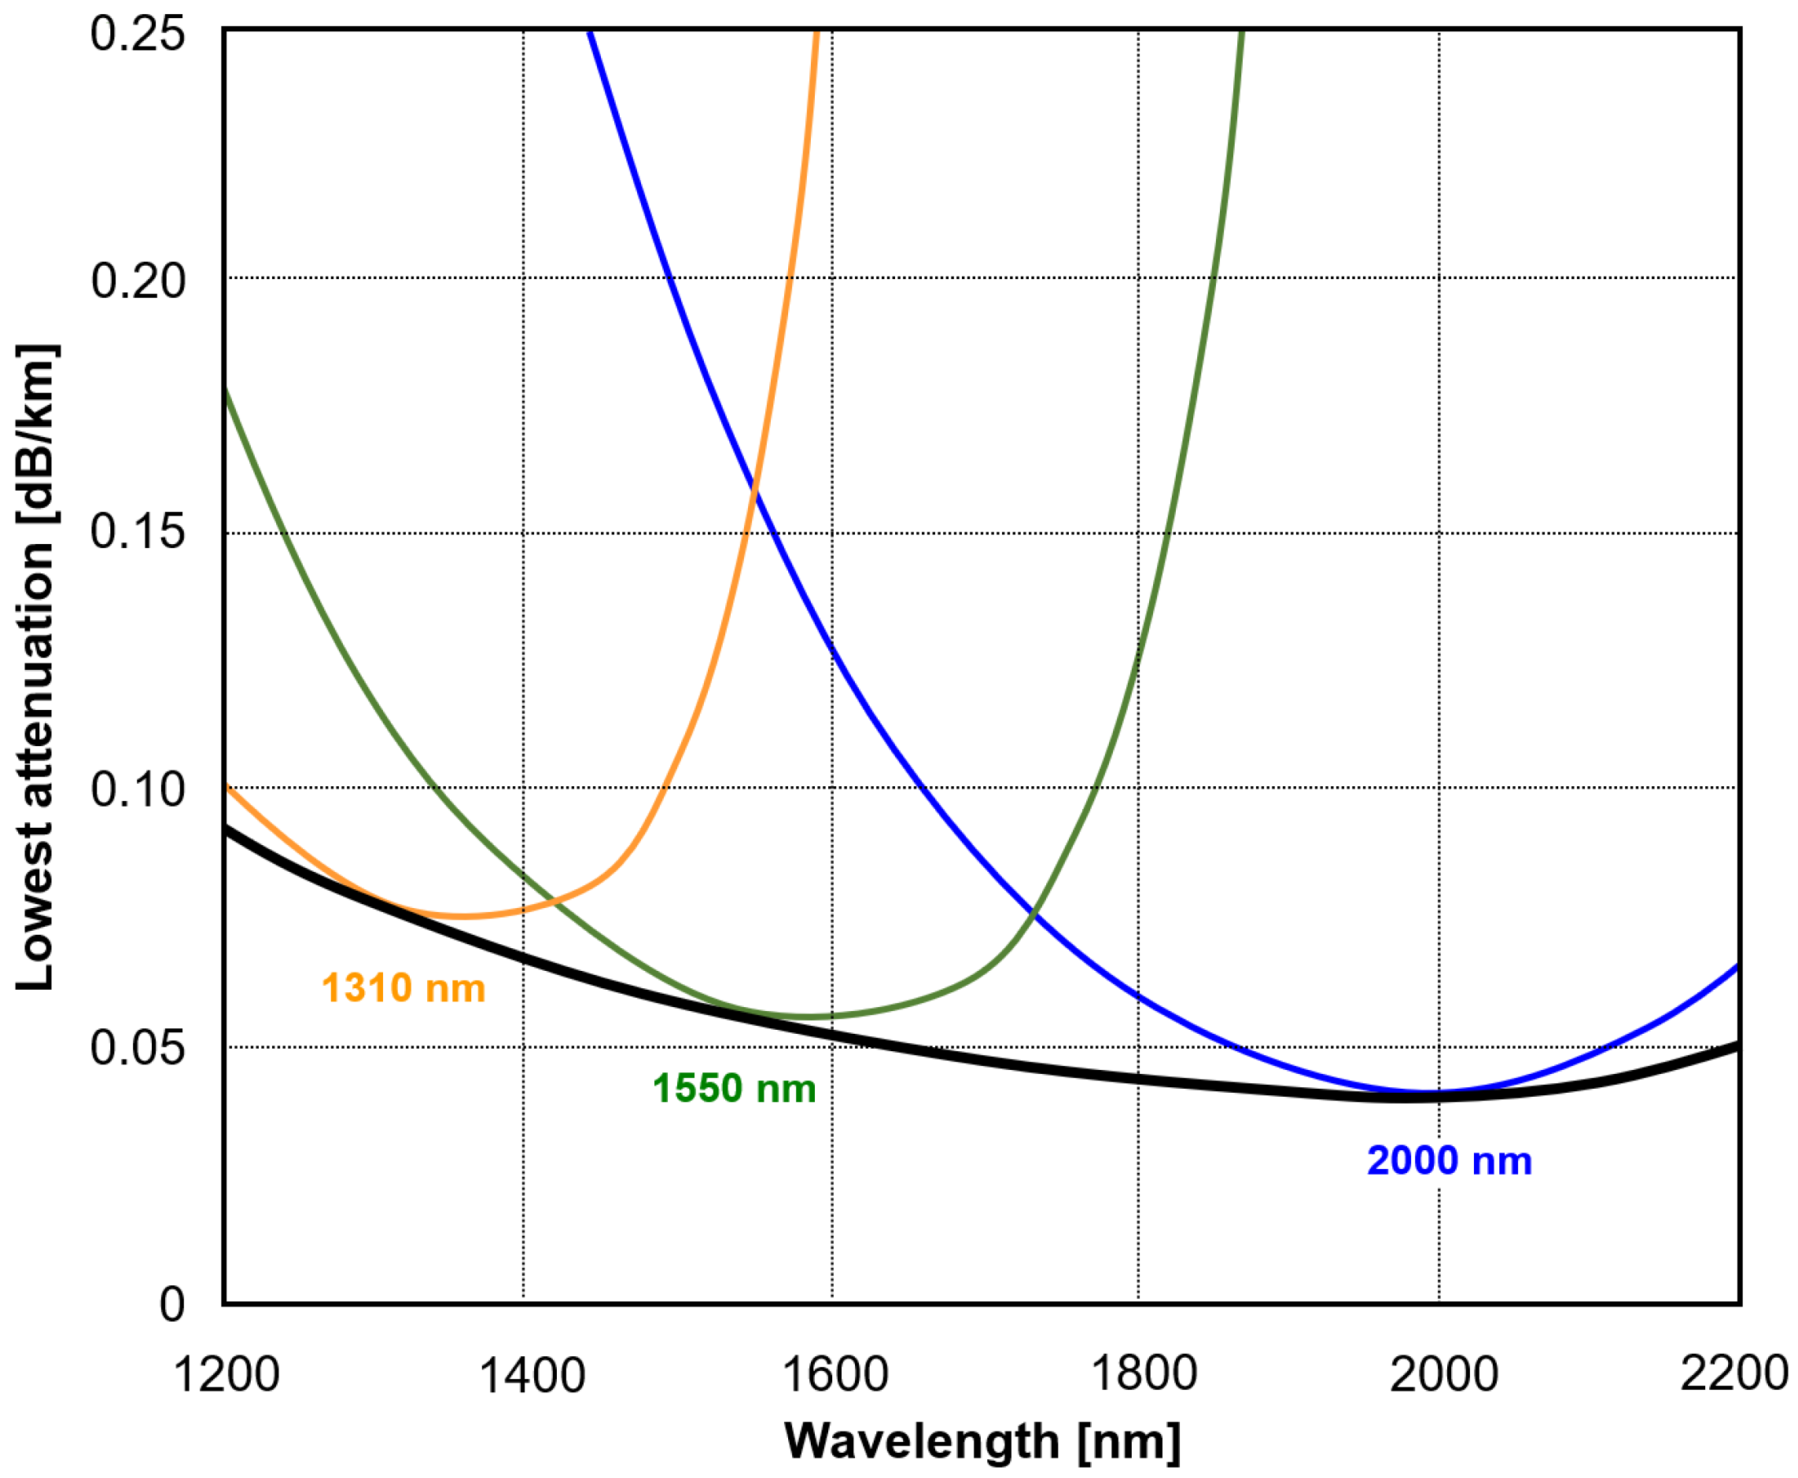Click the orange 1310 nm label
tap(403, 988)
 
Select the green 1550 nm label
tap(733, 1089)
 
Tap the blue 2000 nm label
tap(1449, 1161)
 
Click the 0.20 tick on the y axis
tap(137, 280)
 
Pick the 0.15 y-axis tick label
tap(137, 531)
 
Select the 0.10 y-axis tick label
tap(137, 789)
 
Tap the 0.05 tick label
tap(137, 1046)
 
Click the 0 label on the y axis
tap(171, 1303)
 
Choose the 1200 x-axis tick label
tap(226, 1374)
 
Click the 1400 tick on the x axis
tap(532, 1374)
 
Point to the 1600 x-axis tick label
tap(834, 1374)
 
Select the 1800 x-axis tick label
tap(1143, 1374)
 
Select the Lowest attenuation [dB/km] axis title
tap(35, 667)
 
